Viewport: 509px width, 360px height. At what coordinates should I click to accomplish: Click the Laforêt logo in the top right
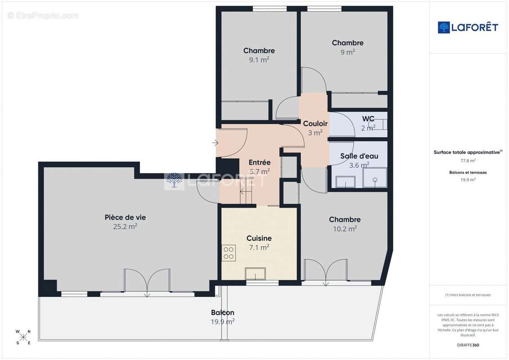[468, 27]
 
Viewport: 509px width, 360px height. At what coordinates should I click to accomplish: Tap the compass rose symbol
[23, 337]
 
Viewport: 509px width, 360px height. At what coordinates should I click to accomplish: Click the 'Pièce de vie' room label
[125, 217]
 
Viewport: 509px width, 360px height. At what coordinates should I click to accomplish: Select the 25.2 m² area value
[125, 227]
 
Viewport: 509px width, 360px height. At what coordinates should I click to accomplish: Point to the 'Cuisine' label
[259, 238]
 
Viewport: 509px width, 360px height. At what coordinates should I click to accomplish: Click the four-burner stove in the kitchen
[229, 252]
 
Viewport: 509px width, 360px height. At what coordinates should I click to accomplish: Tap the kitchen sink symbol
[255, 274]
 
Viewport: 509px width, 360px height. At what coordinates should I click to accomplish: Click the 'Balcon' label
[222, 312]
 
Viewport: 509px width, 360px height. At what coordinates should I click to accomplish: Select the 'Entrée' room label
[259, 162]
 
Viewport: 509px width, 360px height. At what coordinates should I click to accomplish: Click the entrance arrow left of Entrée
[215, 143]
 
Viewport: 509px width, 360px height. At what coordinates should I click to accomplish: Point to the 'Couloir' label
[315, 124]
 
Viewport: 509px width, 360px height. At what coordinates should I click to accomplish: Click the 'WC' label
[368, 119]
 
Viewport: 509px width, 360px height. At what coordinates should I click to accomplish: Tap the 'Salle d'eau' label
[359, 156]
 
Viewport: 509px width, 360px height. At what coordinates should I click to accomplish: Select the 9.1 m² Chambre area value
[259, 59]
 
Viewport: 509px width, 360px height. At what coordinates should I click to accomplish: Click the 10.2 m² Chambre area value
[344, 229]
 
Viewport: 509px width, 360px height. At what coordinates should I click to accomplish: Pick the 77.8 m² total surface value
[468, 161]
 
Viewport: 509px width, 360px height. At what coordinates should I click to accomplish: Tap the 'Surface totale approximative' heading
[467, 153]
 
